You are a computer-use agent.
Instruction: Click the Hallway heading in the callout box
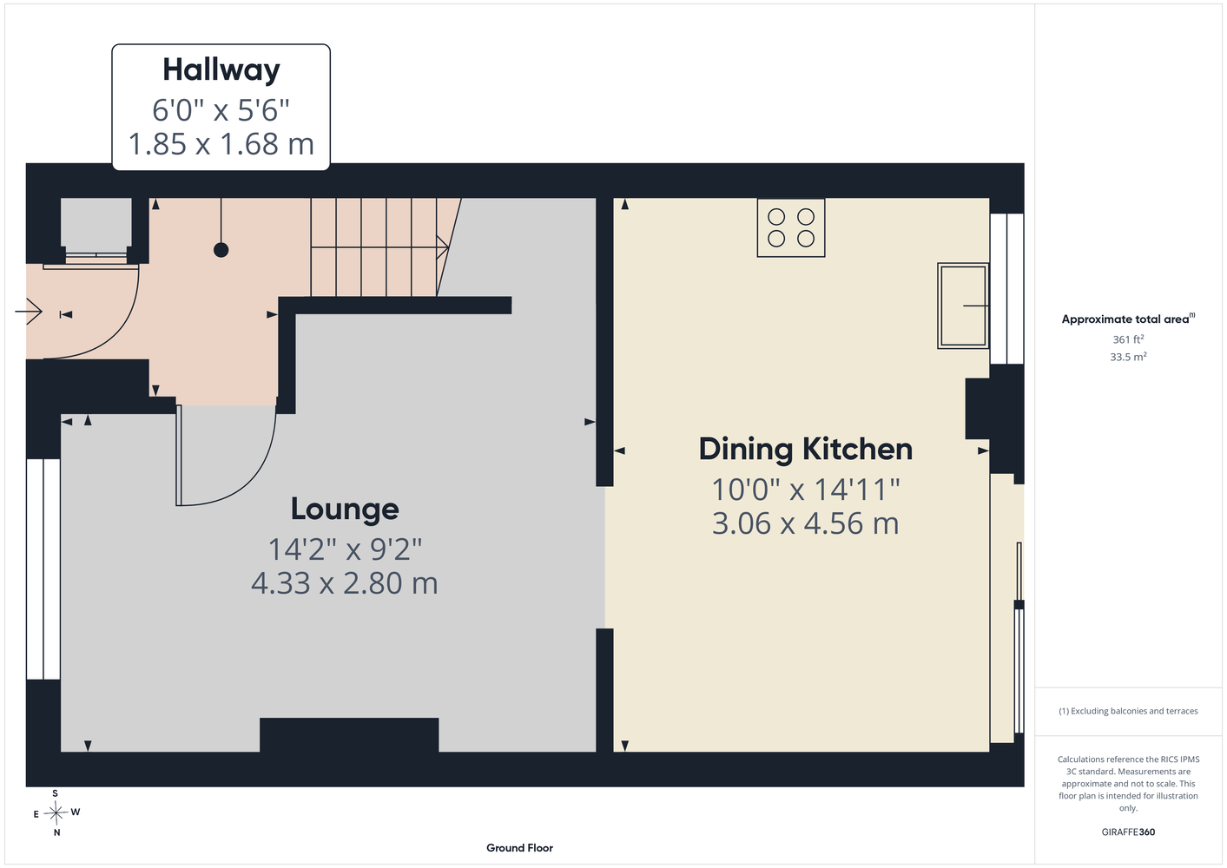click(221, 71)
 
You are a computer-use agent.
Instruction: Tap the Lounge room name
click(345, 510)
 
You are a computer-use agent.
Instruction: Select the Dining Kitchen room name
click(806, 450)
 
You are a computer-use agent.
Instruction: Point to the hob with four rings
click(791, 227)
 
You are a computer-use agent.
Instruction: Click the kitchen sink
click(963, 306)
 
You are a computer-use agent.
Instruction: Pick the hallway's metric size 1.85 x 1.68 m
click(221, 144)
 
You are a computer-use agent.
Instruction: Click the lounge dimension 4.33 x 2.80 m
click(345, 583)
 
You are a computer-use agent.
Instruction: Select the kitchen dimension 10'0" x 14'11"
click(806, 490)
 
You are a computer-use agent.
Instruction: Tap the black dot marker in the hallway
click(221, 250)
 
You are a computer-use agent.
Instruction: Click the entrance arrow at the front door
click(29, 312)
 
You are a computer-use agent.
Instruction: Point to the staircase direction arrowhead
click(443, 247)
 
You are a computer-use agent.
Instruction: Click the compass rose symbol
click(56, 812)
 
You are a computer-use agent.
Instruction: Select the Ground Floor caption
click(520, 848)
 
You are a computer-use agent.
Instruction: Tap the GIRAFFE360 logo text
click(1128, 832)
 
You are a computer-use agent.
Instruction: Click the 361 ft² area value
click(1128, 339)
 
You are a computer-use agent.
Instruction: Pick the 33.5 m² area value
click(1128, 357)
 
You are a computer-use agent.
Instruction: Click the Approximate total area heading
click(1128, 319)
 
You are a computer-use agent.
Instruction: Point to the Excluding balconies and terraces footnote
click(1128, 711)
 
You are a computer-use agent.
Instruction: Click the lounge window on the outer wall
click(43, 569)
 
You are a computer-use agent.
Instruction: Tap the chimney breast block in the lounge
click(349, 734)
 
